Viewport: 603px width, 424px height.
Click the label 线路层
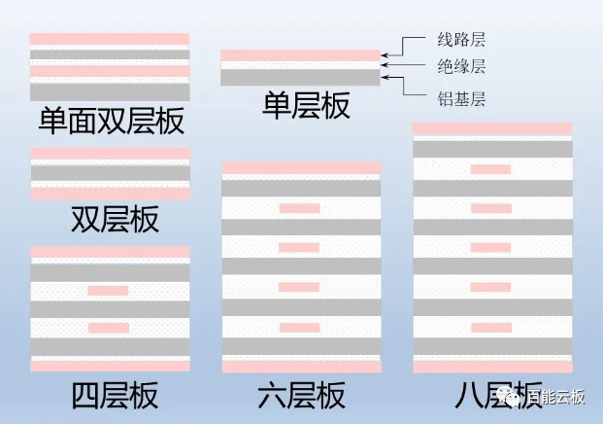[x=461, y=40]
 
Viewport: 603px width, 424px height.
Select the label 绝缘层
[x=461, y=66]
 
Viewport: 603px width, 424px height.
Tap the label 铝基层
[x=461, y=99]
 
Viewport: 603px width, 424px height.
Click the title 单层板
[x=306, y=106]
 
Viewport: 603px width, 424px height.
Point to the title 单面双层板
[x=112, y=121]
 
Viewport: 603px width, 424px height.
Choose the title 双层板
[x=115, y=219]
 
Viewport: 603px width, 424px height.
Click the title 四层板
[x=115, y=395]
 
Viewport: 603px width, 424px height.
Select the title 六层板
[x=301, y=395]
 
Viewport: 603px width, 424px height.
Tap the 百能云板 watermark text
[x=556, y=397]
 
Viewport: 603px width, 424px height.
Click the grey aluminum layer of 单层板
[x=300, y=78]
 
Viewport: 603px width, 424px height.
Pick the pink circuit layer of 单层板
[x=300, y=55]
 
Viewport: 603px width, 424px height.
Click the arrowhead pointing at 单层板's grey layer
[x=385, y=78]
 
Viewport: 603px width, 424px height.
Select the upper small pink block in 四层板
[x=108, y=291]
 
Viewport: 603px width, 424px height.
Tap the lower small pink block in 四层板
[x=109, y=328]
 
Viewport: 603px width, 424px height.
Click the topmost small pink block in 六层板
[x=300, y=208]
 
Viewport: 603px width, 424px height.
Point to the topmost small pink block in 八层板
[x=490, y=169]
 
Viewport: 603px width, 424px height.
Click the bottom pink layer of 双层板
[x=111, y=194]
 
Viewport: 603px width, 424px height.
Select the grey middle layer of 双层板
[x=111, y=173]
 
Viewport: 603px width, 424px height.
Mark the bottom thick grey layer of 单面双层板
[x=110, y=92]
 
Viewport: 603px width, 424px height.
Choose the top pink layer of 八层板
[x=492, y=128]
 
